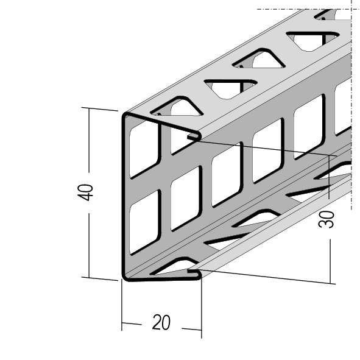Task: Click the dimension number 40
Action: tap(85, 192)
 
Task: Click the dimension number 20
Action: tap(161, 322)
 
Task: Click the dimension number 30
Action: tap(326, 219)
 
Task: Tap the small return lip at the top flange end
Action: tap(194, 136)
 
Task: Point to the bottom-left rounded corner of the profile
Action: tap(125, 277)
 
